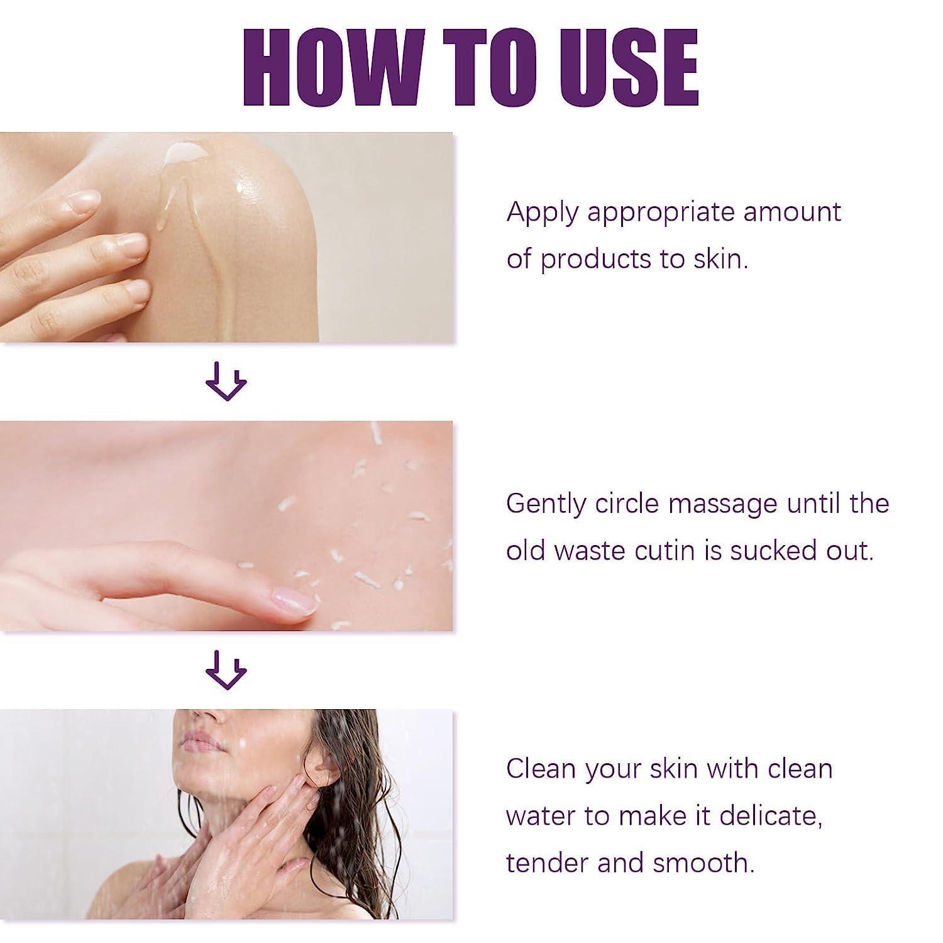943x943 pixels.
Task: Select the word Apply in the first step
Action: click(x=542, y=214)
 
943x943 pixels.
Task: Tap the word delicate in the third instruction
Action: click(x=771, y=816)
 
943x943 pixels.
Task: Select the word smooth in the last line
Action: click(x=703, y=863)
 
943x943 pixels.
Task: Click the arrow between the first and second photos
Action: click(x=226, y=381)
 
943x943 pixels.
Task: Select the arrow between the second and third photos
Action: click(x=226, y=670)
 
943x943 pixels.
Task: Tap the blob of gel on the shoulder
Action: click(x=182, y=152)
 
